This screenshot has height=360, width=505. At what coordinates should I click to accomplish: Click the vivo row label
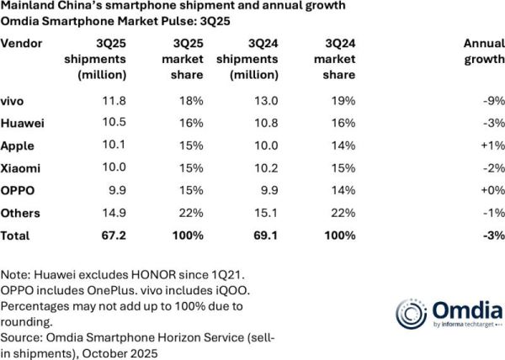point(12,101)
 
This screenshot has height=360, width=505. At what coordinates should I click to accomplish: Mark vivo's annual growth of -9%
point(494,101)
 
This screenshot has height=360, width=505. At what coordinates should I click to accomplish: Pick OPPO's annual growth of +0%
point(493,189)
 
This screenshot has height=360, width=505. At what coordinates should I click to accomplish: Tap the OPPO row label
point(17,189)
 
